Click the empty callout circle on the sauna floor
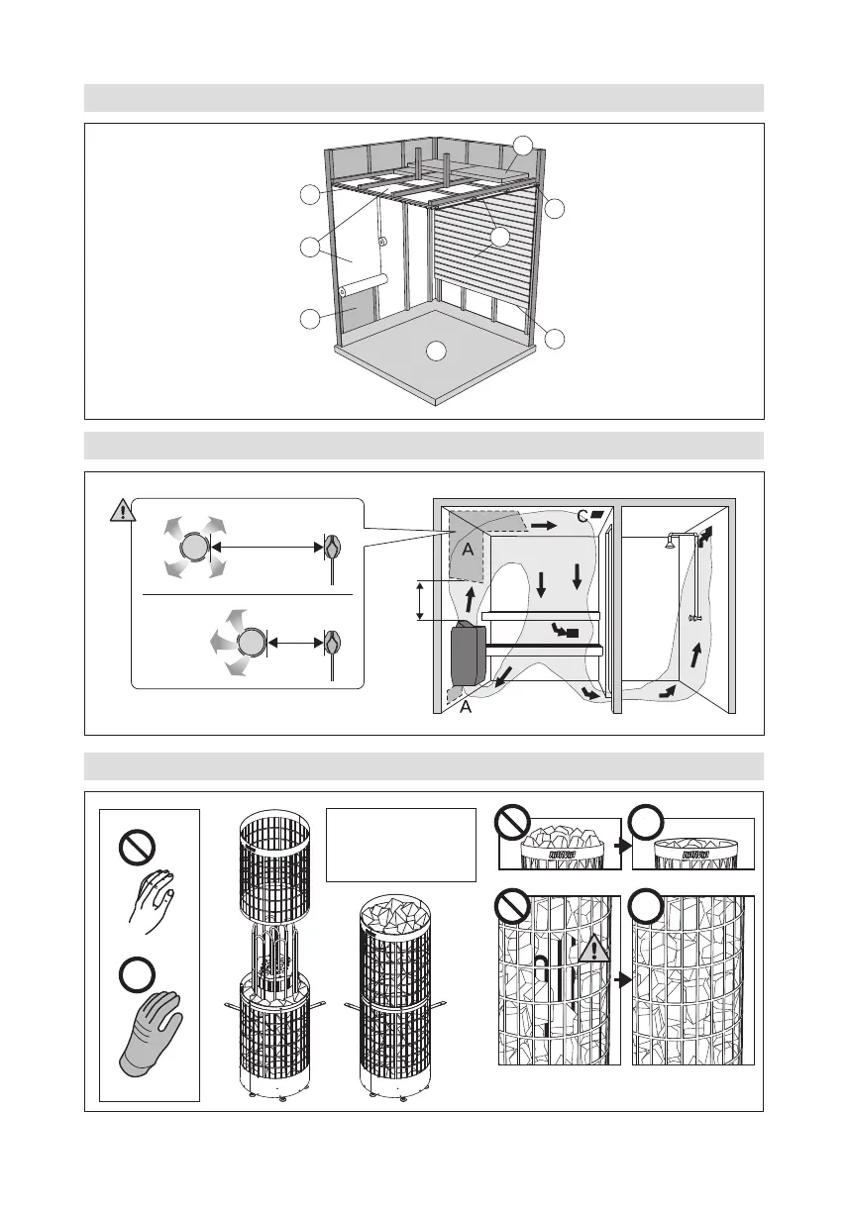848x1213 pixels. coord(435,352)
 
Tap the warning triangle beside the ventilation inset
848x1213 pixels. coord(121,511)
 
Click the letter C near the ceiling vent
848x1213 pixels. coord(583,517)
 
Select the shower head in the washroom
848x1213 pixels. coord(672,541)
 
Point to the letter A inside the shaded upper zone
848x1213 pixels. coord(462,550)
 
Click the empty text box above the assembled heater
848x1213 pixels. coord(401,844)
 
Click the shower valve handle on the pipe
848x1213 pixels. coord(697,616)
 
